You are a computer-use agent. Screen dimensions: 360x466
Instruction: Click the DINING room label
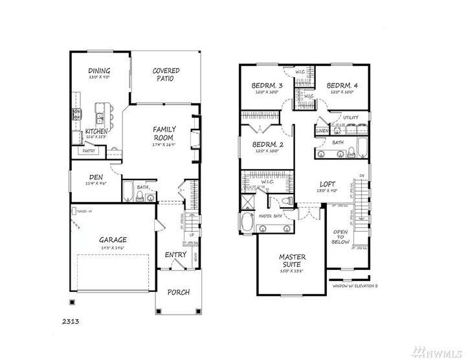tap(99, 71)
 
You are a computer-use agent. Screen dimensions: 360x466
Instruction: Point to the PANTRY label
tap(88, 151)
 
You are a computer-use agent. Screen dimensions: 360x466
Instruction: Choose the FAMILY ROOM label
tap(166, 133)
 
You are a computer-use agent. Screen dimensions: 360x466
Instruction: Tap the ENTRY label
tap(175, 254)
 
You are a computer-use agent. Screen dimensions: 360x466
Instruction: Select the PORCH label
tap(178, 292)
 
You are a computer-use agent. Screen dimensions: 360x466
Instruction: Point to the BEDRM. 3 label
tap(267, 85)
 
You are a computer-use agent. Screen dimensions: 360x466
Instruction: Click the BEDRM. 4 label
tap(342, 85)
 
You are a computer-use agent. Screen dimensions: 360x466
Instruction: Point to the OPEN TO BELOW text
tap(341, 236)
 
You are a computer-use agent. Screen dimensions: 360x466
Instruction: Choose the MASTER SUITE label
tap(292, 260)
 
